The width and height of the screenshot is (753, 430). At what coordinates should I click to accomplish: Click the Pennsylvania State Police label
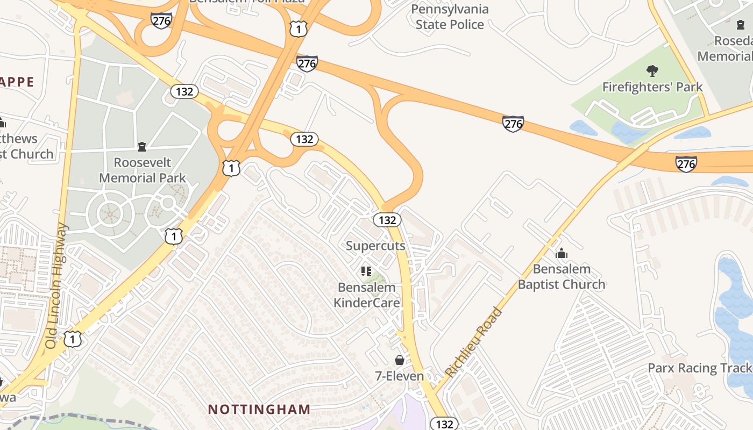coord(450,17)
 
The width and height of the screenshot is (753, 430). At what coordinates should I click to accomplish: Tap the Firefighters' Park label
coord(652,87)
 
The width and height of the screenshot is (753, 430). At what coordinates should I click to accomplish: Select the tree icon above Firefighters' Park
coord(652,70)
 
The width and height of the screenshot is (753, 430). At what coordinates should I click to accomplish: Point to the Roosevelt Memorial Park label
coord(143,170)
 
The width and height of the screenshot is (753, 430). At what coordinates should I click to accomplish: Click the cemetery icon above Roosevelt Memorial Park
coord(142,146)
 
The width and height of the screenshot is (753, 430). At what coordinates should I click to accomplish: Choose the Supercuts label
coord(375,246)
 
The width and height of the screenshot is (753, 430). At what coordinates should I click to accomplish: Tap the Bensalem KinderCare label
coord(367,295)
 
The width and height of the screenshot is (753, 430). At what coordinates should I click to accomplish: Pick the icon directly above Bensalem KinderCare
coord(366,271)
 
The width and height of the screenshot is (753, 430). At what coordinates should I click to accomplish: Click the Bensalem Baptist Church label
coord(562,276)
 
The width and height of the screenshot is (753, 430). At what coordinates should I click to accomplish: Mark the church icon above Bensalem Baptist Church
coord(562,253)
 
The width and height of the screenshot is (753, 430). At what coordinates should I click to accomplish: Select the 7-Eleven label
coord(399,376)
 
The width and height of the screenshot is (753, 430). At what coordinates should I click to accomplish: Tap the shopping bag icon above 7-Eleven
coord(399,360)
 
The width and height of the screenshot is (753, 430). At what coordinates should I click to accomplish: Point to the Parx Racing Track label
coord(699,368)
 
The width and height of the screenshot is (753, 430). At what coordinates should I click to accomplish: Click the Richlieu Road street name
coord(474,342)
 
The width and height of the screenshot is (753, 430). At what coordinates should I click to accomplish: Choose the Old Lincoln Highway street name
coord(57,285)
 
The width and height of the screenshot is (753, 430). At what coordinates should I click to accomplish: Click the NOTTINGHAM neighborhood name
coord(259,409)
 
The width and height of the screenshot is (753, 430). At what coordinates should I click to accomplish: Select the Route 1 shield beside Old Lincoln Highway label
coord(73,339)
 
